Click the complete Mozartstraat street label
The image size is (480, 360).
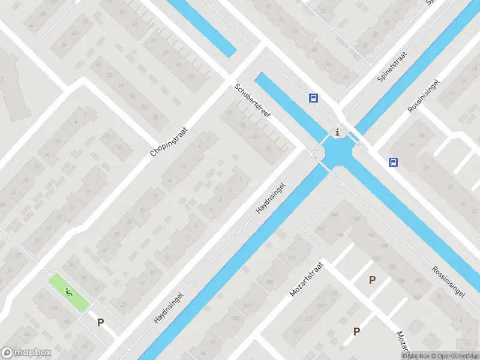click(307, 278)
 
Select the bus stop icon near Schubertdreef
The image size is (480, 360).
click(313, 98)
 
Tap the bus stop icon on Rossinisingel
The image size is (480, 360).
click(393, 162)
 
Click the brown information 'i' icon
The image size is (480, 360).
click(338, 133)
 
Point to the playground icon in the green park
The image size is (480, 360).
click(68, 293)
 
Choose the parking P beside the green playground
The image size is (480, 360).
click(101, 322)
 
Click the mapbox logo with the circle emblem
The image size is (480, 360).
click(25, 353)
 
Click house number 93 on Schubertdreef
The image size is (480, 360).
click(268, 149)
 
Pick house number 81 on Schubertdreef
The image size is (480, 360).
click(230, 113)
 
